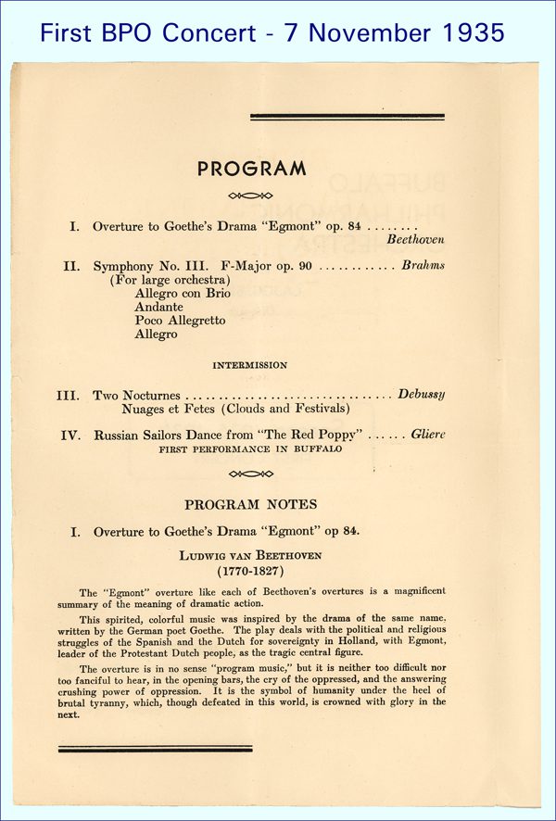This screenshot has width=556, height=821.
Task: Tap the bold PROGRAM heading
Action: [250, 169]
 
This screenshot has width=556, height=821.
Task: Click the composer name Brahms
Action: [423, 265]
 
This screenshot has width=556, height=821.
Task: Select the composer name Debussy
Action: [422, 394]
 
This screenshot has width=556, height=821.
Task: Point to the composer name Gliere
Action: [428, 434]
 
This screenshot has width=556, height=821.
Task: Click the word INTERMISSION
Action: [250, 365]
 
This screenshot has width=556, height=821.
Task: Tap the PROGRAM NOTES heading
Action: [250, 504]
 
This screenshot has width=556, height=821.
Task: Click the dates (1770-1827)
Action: [250, 571]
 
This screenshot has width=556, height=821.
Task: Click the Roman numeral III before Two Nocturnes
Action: [68, 395]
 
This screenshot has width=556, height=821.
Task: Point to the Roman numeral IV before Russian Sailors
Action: [70, 435]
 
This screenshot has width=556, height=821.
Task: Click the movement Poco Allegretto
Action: [180, 320]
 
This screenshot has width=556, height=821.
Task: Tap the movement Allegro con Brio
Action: [183, 293]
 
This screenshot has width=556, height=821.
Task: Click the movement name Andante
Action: [158, 307]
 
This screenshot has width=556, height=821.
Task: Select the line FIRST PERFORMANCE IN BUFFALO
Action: [250, 448]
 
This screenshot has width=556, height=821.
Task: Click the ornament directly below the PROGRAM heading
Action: [250, 196]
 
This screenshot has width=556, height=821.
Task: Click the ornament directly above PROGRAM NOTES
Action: [250, 474]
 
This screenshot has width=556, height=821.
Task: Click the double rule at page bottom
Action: [155, 748]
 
